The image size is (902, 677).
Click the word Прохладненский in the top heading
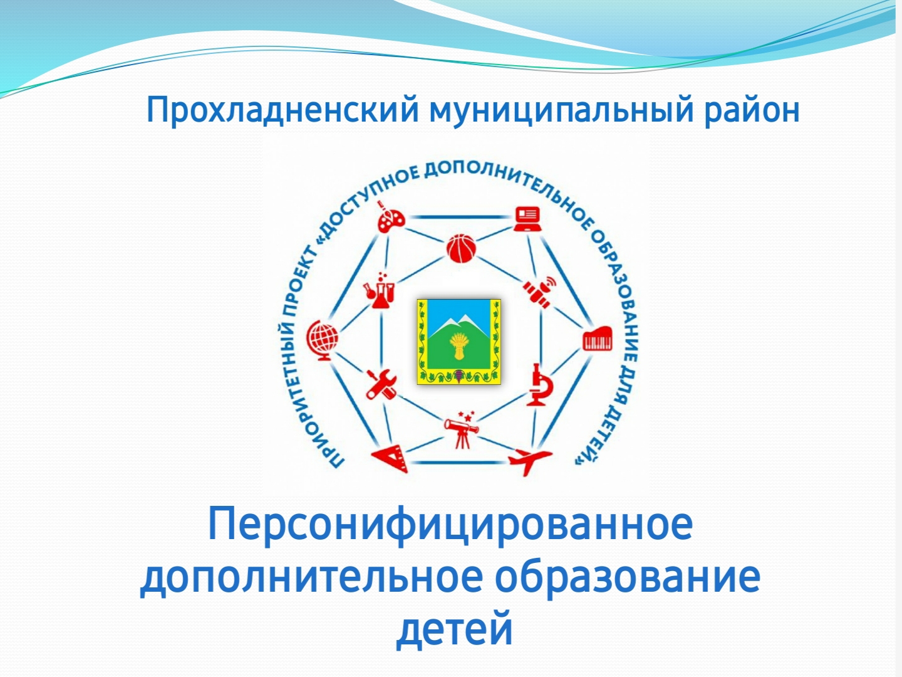pyautogui.click(x=283, y=110)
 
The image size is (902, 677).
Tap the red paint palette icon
pyautogui.click(x=390, y=217)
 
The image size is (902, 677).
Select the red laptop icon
pyautogui.click(x=527, y=219)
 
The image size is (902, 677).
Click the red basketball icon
pyautogui.click(x=461, y=248)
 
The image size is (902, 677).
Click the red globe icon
pyautogui.click(x=322, y=340)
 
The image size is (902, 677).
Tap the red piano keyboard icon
pyautogui.click(x=597, y=339)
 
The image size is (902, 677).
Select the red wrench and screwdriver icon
pyautogui.click(x=381, y=384)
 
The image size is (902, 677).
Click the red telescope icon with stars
pyautogui.click(x=462, y=429)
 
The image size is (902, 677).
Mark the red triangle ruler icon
pyautogui.click(x=391, y=458)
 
